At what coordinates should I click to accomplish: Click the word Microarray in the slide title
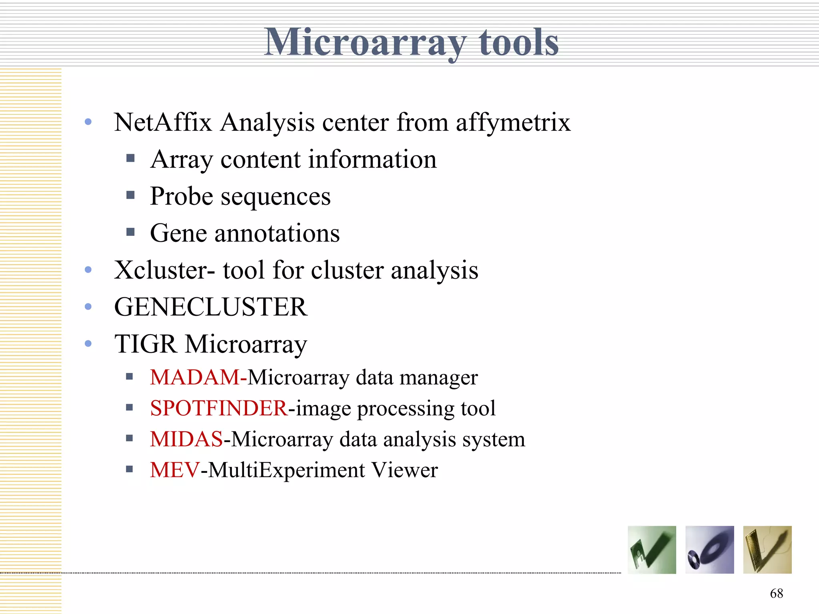pyautogui.click(x=365, y=42)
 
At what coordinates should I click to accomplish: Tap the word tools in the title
pyautogui.click(x=519, y=42)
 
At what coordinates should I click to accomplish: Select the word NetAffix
pyautogui.click(x=163, y=122)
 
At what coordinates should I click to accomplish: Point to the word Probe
pyautogui.click(x=182, y=197)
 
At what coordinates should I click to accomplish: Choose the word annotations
pyautogui.click(x=277, y=233)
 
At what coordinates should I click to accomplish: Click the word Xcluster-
pyautogui.click(x=164, y=270)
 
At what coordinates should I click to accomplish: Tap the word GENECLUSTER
pyautogui.click(x=211, y=307)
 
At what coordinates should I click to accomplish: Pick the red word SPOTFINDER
pyautogui.click(x=219, y=408)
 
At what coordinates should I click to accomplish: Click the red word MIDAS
pyautogui.click(x=186, y=439)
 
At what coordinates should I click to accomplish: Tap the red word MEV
pyautogui.click(x=174, y=470)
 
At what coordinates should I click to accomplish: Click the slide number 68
pyautogui.click(x=776, y=593)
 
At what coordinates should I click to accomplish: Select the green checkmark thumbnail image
pyautogui.click(x=652, y=550)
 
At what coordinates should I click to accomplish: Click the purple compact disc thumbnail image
pyautogui.click(x=709, y=550)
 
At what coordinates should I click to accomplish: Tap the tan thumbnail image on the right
pyautogui.click(x=767, y=550)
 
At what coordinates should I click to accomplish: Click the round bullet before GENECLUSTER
pyautogui.click(x=88, y=307)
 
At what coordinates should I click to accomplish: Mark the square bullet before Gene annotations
pyautogui.click(x=130, y=232)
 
